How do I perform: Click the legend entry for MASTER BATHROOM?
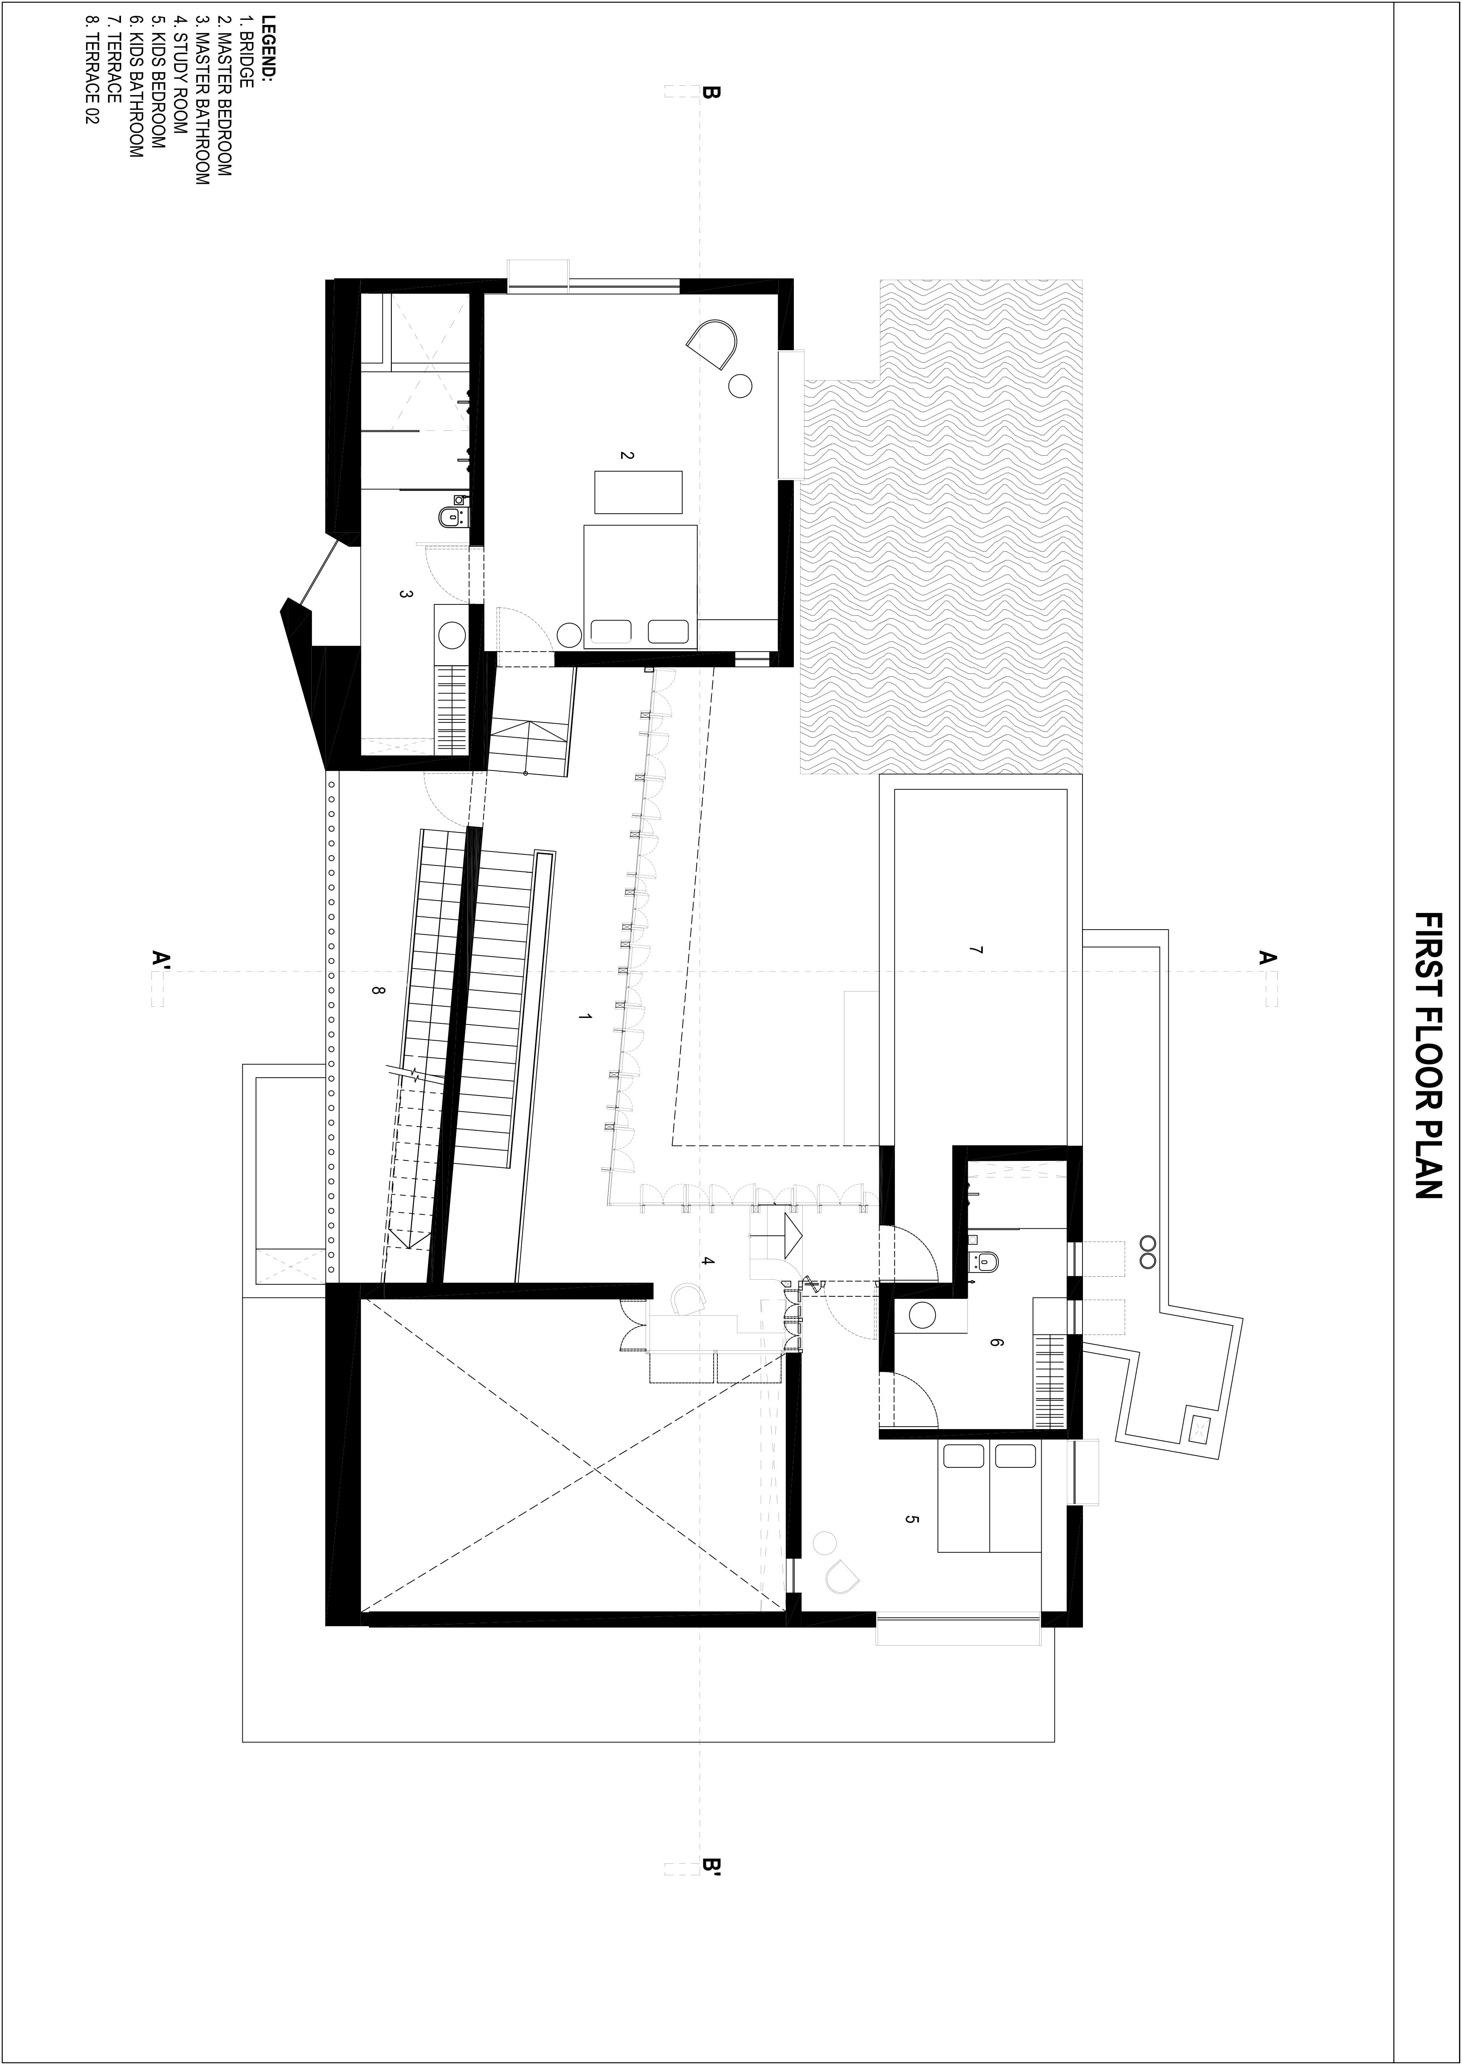click(x=202, y=101)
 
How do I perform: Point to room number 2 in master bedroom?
click(x=627, y=455)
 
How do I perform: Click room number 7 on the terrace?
click(x=976, y=950)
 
